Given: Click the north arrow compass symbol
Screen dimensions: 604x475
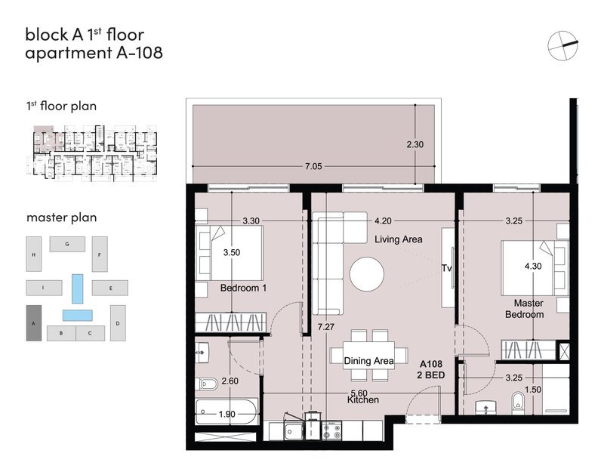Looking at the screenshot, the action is (x=562, y=45).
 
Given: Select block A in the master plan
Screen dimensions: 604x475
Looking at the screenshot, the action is (x=33, y=322).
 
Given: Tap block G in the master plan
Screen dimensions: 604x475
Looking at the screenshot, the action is (x=67, y=244).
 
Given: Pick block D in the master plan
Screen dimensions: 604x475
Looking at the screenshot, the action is (x=118, y=322).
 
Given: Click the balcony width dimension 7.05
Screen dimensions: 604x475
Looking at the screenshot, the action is (x=313, y=166).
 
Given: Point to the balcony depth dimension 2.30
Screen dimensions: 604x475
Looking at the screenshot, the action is (x=414, y=144).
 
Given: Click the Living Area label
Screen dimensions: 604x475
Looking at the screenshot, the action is (x=399, y=239).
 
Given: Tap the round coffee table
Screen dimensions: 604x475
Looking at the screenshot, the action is (x=367, y=274).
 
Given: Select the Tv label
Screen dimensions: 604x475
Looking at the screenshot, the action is (x=446, y=268).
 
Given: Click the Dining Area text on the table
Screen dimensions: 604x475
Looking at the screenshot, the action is (x=368, y=361).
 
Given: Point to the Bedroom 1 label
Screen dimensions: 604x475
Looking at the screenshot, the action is (x=243, y=288).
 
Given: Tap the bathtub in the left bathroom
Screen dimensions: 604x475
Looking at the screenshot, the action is (x=226, y=412).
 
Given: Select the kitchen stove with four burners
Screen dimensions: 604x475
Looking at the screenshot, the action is (x=331, y=430).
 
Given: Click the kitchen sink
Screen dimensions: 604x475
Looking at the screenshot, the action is (x=294, y=430).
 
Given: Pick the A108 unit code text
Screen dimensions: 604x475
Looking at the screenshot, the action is (x=431, y=364).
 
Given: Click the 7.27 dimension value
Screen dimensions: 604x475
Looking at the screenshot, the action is (x=326, y=327).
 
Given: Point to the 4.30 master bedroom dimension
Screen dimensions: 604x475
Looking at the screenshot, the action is (x=533, y=266).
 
